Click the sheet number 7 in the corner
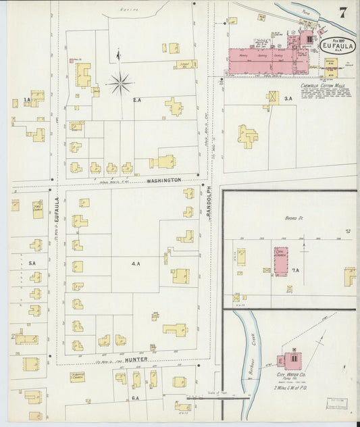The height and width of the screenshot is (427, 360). [343, 11]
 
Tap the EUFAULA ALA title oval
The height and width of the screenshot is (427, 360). [336, 47]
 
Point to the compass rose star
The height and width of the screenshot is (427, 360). [120, 83]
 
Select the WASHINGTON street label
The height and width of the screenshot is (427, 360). [161, 180]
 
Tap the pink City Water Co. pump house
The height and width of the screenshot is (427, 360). [292, 357]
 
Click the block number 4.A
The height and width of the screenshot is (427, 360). [136, 263]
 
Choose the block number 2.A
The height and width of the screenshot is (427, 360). [136, 100]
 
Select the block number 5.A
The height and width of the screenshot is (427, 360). [31, 264]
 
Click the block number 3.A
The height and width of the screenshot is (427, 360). [288, 99]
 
